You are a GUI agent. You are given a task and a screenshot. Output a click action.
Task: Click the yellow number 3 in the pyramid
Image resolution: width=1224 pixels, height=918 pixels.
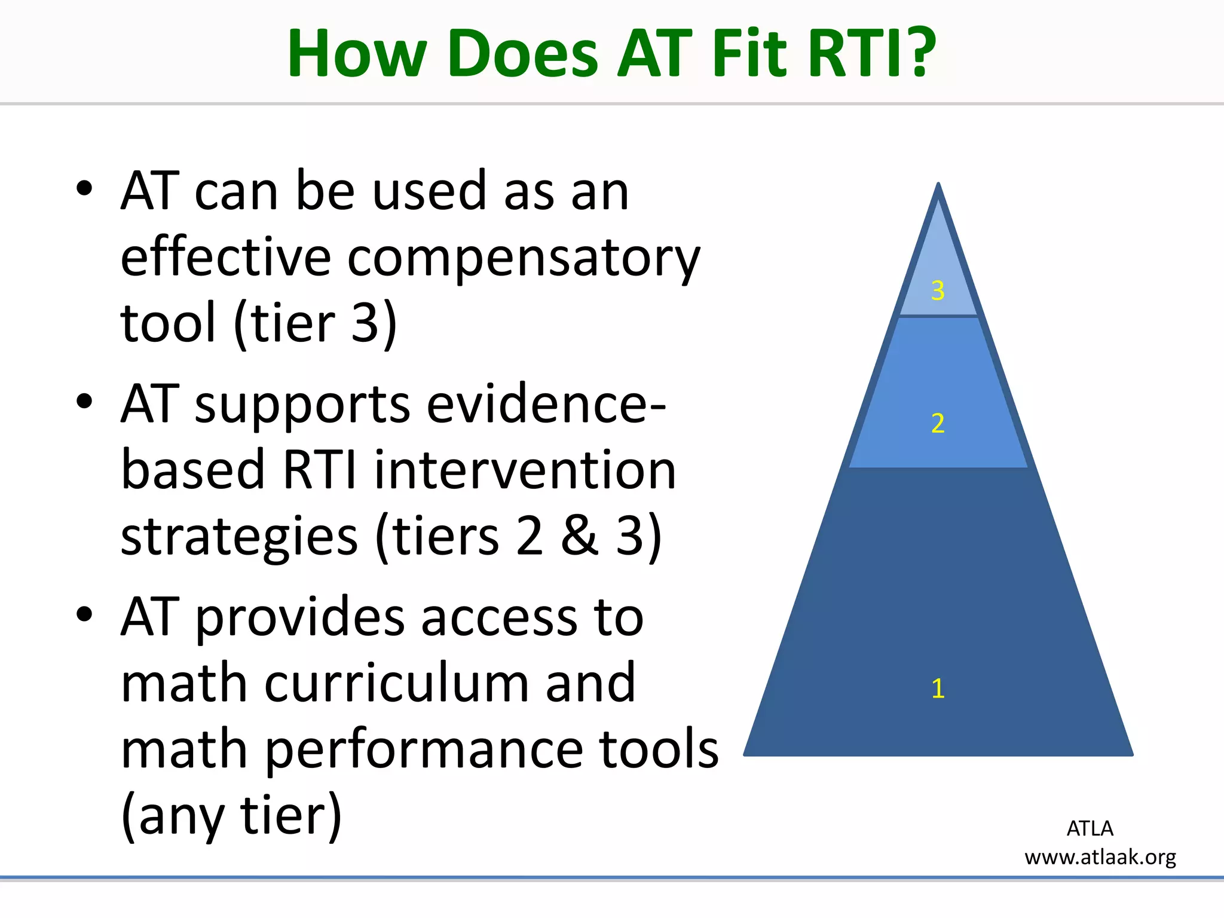[938, 290]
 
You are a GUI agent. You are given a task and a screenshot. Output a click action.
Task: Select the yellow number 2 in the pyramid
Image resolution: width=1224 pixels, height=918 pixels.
[938, 423]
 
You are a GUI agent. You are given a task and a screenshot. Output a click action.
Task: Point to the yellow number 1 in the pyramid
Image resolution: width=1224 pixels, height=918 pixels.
[938, 688]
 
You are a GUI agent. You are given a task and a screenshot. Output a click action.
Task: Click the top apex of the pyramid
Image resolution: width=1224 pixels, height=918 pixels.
[938, 186]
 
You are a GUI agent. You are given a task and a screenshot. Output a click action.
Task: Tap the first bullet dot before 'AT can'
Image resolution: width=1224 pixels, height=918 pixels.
[84, 189]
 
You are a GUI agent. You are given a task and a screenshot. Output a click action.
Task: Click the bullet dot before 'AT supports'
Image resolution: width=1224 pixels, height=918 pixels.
[84, 401]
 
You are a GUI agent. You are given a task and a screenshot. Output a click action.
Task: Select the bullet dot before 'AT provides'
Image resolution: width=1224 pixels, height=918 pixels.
[84, 614]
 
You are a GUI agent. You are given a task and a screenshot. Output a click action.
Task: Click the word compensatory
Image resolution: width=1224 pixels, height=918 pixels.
[523, 258]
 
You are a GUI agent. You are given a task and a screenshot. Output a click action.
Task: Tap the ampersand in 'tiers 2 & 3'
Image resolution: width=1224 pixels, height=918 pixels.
[579, 535]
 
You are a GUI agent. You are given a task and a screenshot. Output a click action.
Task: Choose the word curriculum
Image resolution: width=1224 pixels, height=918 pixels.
[449, 683]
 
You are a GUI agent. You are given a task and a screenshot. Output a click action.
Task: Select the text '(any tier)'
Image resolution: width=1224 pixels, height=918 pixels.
[231, 815]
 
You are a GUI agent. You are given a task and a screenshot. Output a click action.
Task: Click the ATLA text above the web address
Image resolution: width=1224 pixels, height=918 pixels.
[1090, 828]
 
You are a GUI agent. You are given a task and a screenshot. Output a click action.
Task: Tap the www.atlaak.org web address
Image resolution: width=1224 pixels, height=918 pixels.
[1100, 857]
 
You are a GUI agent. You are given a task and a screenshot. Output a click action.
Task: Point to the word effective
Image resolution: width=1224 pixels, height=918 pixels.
[225, 258]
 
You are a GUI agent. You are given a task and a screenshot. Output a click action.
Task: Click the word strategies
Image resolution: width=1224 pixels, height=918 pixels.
[238, 535]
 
